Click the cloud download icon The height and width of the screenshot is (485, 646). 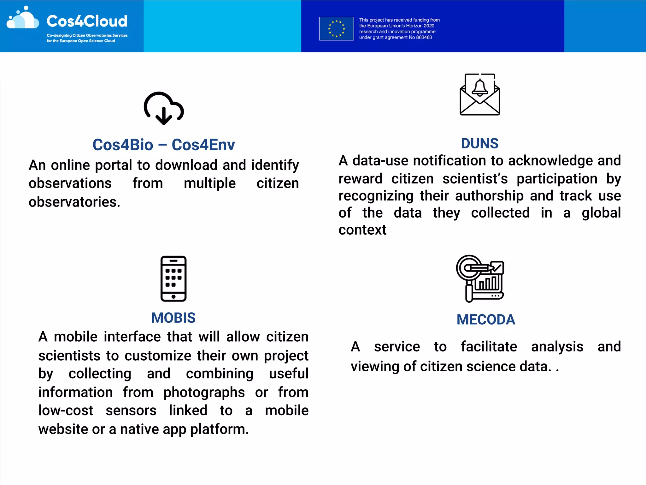point(164,108)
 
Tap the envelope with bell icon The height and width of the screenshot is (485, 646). point(480,95)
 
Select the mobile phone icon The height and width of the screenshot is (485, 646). point(173,278)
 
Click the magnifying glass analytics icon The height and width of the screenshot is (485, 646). point(480,278)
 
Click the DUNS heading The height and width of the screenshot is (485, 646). point(480,144)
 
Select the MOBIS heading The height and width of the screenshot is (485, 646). point(173,318)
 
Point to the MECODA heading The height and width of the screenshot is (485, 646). point(486,320)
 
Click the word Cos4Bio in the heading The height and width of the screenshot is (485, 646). point(123,145)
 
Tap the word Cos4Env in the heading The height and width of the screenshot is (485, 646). point(203,145)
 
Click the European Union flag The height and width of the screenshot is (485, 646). point(337,29)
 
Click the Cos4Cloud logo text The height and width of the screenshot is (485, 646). point(87,21)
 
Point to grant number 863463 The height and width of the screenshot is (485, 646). point(424,37)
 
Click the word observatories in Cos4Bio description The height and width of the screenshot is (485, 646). point(74,202)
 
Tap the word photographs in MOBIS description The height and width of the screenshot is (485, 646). point(204,392)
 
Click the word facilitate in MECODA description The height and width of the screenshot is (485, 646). point(489,347)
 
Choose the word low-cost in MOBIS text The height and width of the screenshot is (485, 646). point(66,410)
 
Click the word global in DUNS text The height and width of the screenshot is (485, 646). point(601,213)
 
